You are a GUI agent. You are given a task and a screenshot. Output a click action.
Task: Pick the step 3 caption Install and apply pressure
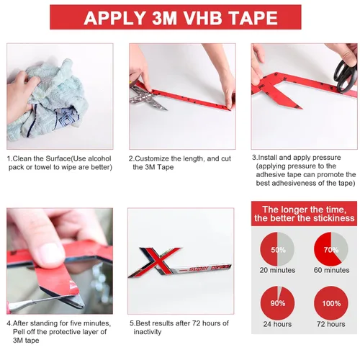point(303,170)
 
